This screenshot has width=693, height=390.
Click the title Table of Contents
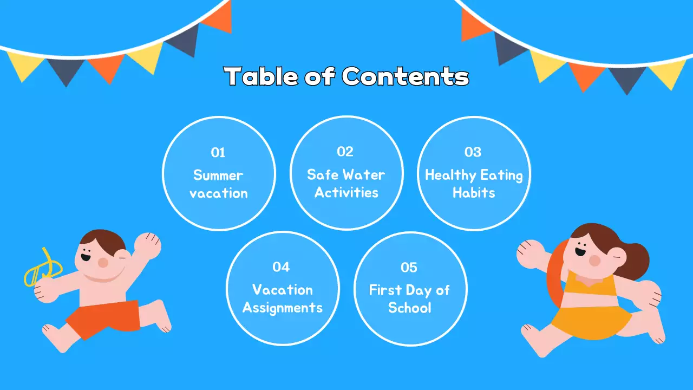point(346,76)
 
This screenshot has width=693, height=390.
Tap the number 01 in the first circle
point(218,153)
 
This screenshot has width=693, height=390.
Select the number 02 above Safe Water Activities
point(345,152)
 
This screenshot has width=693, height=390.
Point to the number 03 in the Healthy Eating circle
point(473,152)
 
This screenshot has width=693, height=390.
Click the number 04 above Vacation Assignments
point(282,266)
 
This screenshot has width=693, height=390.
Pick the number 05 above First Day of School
point(409,267)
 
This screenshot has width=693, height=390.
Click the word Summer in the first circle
point(218,175)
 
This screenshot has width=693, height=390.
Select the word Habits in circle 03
point(474,193)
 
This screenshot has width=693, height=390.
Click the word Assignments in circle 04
point(282,308)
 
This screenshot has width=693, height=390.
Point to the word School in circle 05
point(410,308)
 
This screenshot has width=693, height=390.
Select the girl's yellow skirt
point(593,320)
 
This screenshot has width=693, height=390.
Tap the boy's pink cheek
point(103,262)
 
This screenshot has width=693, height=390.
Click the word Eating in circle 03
point(501,175)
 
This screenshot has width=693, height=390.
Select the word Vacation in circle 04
point(282,290)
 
